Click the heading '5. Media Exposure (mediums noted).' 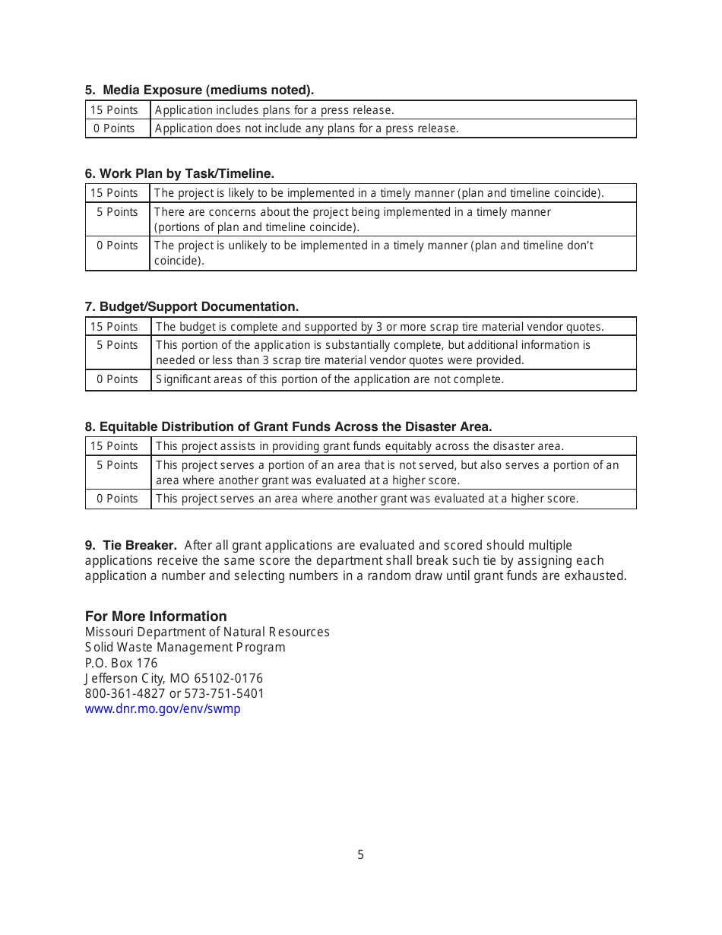coord(199,90)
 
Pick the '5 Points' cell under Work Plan coord(117,212)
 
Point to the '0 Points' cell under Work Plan coord(117,246)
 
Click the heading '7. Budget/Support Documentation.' coord(192,306)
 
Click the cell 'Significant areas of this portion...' coord(330,379)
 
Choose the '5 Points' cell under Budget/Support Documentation coord(117,345)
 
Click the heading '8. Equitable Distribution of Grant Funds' coord(288,426)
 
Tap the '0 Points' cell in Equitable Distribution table coord(117,499)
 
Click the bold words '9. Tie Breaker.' coord(131,545)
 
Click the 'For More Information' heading coord(156,616)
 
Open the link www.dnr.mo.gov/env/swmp coord(163,708)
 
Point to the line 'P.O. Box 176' coord(121,663)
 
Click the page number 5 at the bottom coord(361,854)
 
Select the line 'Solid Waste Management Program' coord(185,647)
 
